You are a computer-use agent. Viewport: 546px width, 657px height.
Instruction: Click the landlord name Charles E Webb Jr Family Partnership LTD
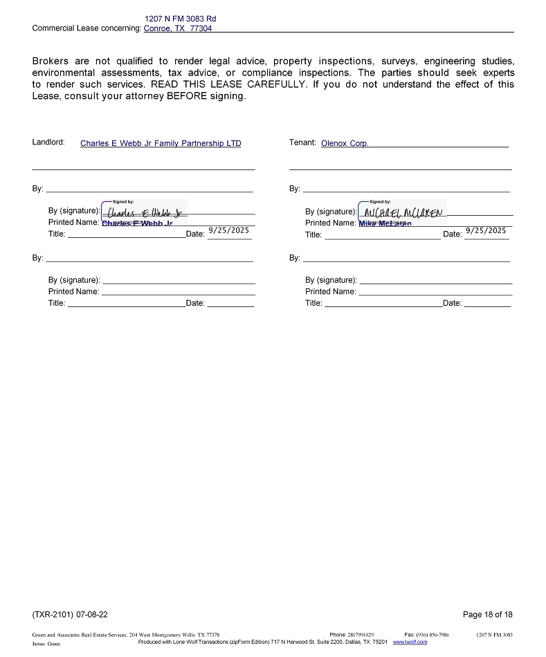coord(161,144)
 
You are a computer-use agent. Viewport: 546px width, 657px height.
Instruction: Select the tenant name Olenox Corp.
coord(345,144)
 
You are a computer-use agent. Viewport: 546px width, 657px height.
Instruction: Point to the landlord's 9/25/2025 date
coord(228,231)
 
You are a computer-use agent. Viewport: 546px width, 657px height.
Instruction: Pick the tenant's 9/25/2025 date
coord(486,231)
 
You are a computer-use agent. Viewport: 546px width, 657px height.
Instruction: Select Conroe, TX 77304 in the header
coord(178,28)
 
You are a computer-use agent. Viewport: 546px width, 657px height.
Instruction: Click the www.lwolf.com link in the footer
coord(410,642)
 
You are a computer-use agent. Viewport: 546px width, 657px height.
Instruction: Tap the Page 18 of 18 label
coord(488,614)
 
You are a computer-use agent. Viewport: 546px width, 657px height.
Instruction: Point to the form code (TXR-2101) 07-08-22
coord(70,614)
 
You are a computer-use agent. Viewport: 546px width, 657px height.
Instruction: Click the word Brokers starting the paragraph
coord(51,62)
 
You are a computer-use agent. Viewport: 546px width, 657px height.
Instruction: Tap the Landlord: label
coord(48,142)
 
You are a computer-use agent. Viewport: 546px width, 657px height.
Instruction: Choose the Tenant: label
coord(302,142)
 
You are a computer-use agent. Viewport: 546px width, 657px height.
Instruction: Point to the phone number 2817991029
coord(361,634)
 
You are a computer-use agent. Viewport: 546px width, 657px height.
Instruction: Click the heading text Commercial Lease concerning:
coord(87,28)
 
